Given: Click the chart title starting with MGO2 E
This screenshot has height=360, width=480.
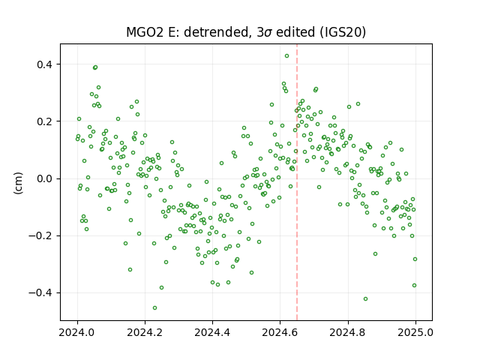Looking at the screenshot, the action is click(246, 32).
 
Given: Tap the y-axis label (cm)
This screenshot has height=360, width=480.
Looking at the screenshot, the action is click(18, 183).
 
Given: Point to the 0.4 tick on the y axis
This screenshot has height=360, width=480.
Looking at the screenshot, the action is click(45, 64).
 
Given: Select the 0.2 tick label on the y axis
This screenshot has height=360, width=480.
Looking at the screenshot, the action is click(45, 121).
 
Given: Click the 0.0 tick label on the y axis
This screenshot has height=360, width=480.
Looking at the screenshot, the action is click(45, 178).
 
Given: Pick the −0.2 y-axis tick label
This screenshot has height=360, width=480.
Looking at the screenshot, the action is click(40, 236).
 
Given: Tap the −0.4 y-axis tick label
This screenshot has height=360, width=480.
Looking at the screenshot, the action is click(40, 293).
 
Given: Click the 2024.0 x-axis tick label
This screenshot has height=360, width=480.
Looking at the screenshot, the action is click(77, 332).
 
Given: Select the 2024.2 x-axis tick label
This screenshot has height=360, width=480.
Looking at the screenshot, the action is click(145, 332).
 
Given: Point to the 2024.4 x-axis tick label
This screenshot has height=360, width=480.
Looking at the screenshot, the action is click(212, 332).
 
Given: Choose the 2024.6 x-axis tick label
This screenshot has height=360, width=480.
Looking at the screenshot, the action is click(280, 332).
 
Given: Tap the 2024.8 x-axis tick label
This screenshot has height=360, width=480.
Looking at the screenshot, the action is click(348, 332).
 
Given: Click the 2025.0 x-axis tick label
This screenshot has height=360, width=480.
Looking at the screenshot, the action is click(415, 332).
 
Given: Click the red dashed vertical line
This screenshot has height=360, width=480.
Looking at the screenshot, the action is click(297, 182).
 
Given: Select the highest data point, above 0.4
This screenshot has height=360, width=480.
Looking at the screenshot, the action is click(286, 56).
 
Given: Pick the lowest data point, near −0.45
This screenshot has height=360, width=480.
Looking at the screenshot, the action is click(155, 308).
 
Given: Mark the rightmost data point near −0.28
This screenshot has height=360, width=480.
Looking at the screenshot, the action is click(415, 259).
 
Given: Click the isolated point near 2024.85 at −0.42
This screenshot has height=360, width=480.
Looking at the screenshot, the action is click(365, 298).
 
